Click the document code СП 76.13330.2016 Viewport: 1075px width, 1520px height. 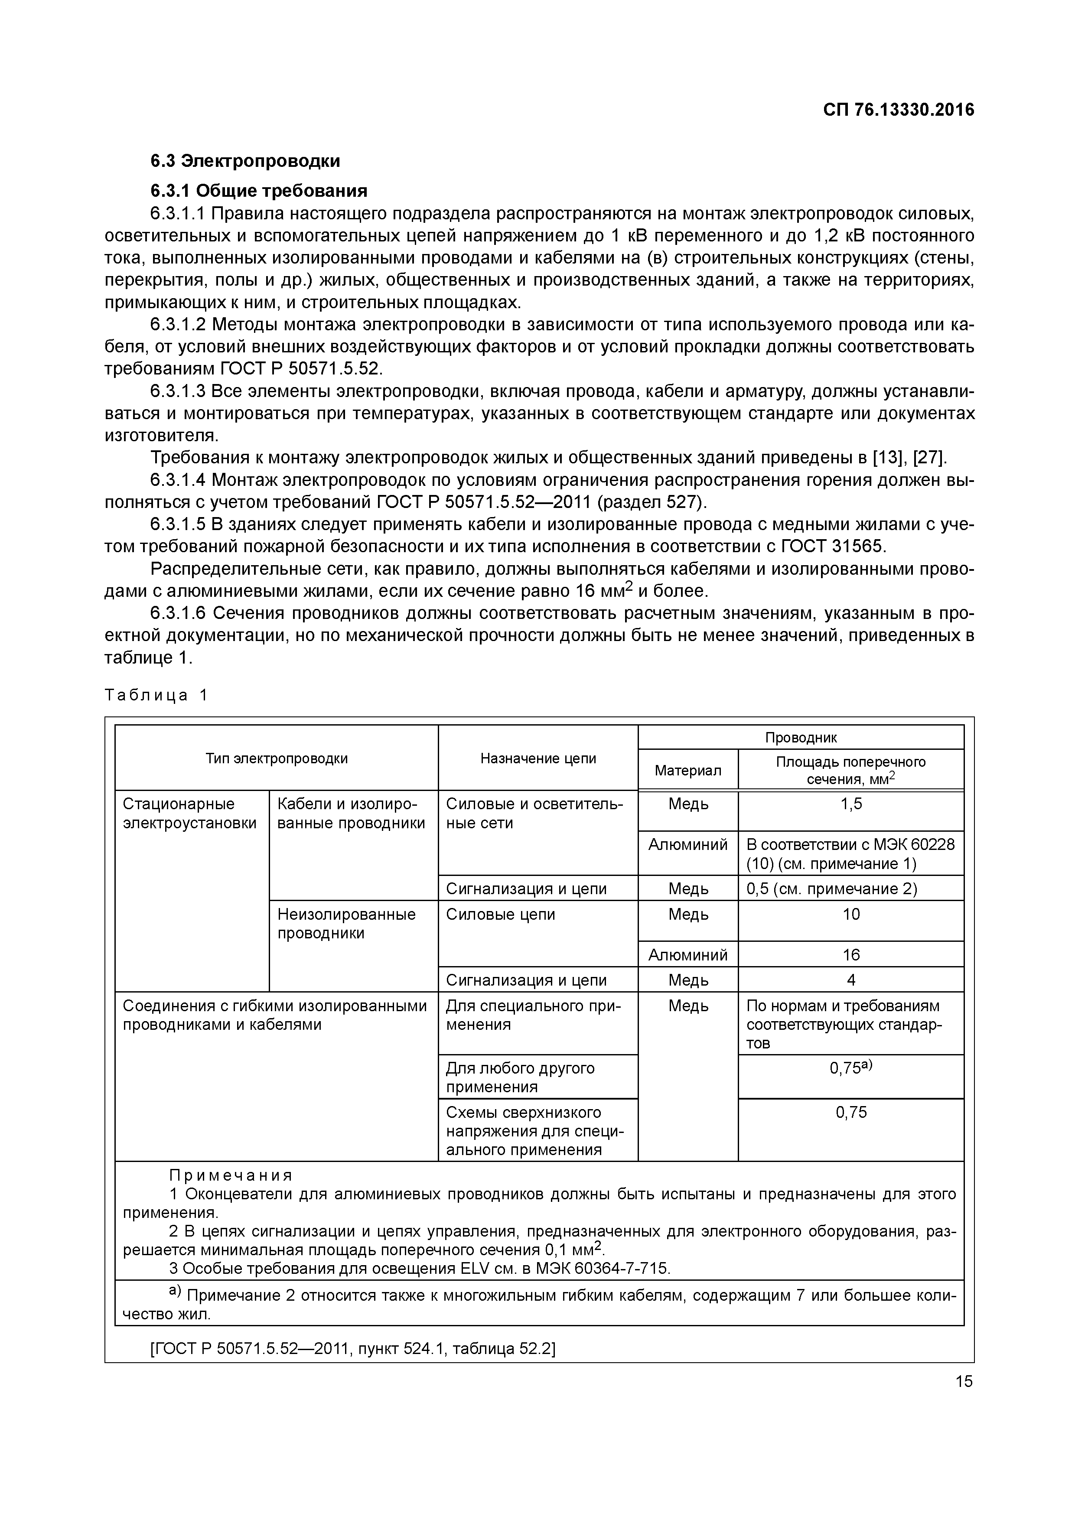point(898,110)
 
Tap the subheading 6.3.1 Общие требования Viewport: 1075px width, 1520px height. point(258,191)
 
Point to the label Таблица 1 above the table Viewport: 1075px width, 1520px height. point(156,695)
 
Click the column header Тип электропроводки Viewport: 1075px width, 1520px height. point(276,758)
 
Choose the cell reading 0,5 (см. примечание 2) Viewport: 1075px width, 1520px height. point(831,889)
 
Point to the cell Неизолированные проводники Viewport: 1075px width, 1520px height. point(346,924)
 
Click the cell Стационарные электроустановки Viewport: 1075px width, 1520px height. point(189,814)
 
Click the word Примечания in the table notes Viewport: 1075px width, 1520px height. point(230,1176)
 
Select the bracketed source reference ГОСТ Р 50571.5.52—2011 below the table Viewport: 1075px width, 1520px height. point(353,1349)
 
